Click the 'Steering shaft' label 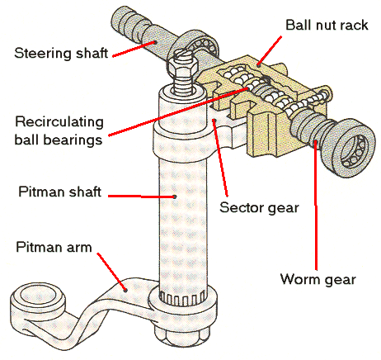(61, 53)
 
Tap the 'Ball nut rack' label (327, 25)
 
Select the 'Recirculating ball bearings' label (59, 130)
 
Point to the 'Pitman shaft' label (59, 192)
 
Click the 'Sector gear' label (259, 208)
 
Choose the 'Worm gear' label (318, 279)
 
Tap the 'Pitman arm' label (54, 247)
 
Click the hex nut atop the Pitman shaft (183, 67)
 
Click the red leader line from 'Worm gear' (316, 205)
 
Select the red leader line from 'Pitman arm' (112, 272)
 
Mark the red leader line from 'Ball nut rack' (270, 50)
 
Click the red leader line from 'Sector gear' (221, 158)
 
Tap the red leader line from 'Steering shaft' (134, 49)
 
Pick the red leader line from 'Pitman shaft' (142, 197)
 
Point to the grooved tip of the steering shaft (124, 22)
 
